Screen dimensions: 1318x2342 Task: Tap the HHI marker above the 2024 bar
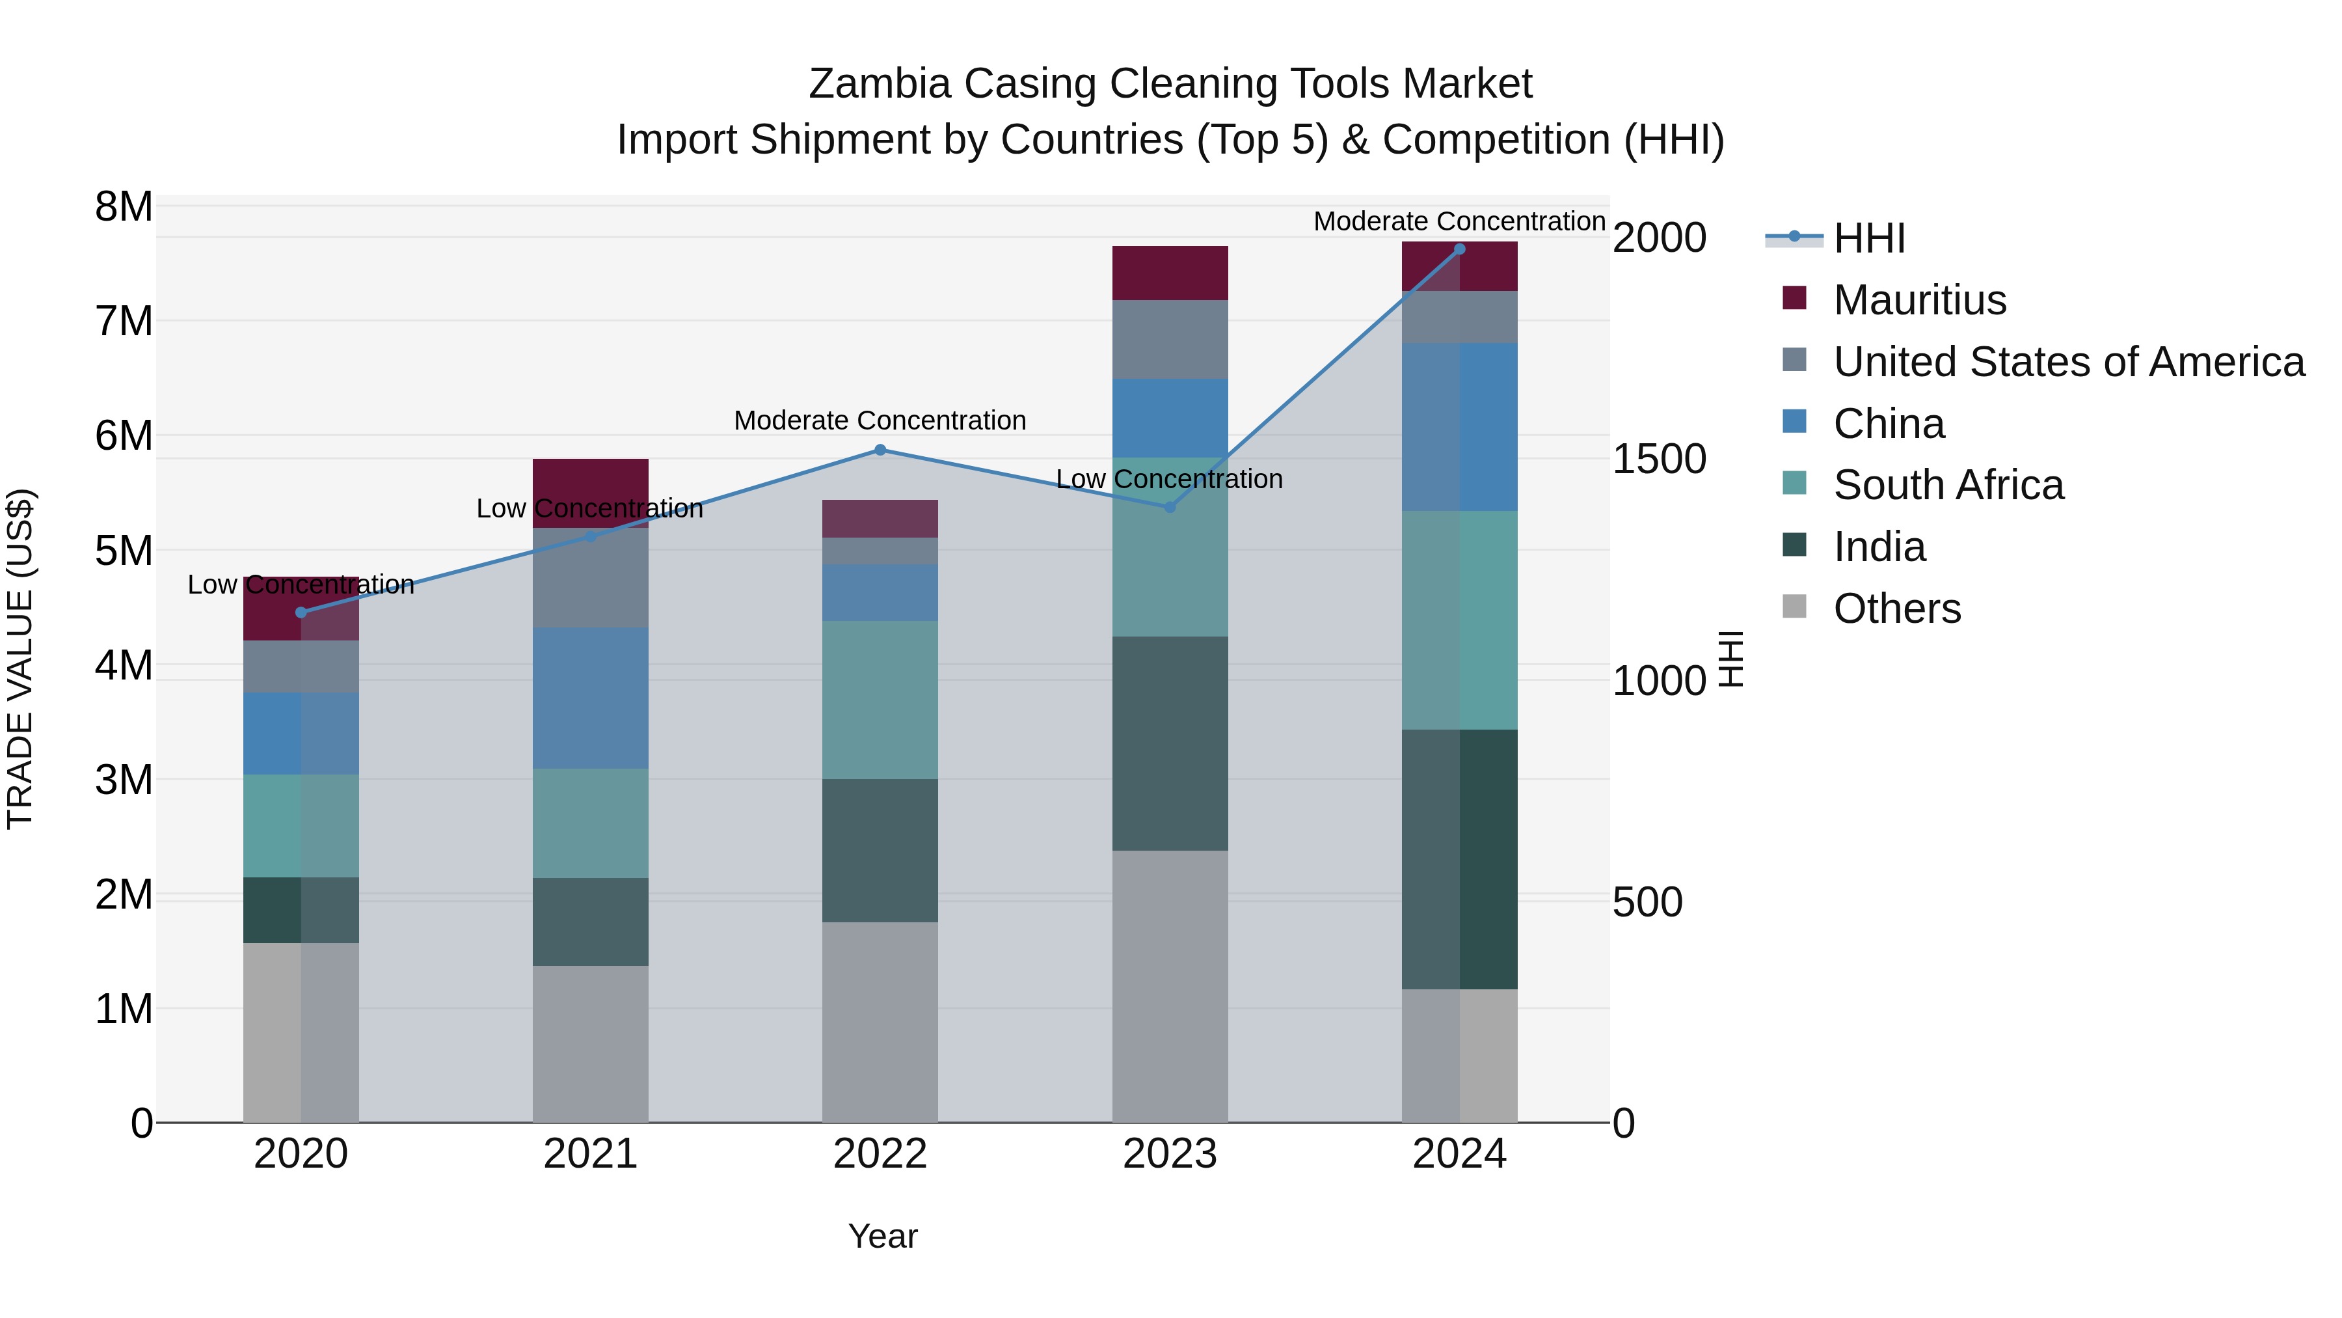tap(1459, 249)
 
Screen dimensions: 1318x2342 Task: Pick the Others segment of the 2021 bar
tap(590, 1043)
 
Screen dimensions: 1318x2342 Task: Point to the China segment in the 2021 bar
tap(590, 698)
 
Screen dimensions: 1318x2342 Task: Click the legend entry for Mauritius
tap(1919, 300)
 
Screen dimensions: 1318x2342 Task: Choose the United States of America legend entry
tap(2068, 362)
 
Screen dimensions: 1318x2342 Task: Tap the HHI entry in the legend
tap(1868, 238)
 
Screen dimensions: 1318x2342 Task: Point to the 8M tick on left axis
tap(124, 208)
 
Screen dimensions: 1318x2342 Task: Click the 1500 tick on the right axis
tap(1658, 460)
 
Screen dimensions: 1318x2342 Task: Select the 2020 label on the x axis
tap(301, 1154)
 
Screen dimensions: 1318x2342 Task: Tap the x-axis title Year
tap(882, 1236)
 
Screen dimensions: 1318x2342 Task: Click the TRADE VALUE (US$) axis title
tap(20, 659)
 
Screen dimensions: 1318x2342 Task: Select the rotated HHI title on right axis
tap(1731, 659)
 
